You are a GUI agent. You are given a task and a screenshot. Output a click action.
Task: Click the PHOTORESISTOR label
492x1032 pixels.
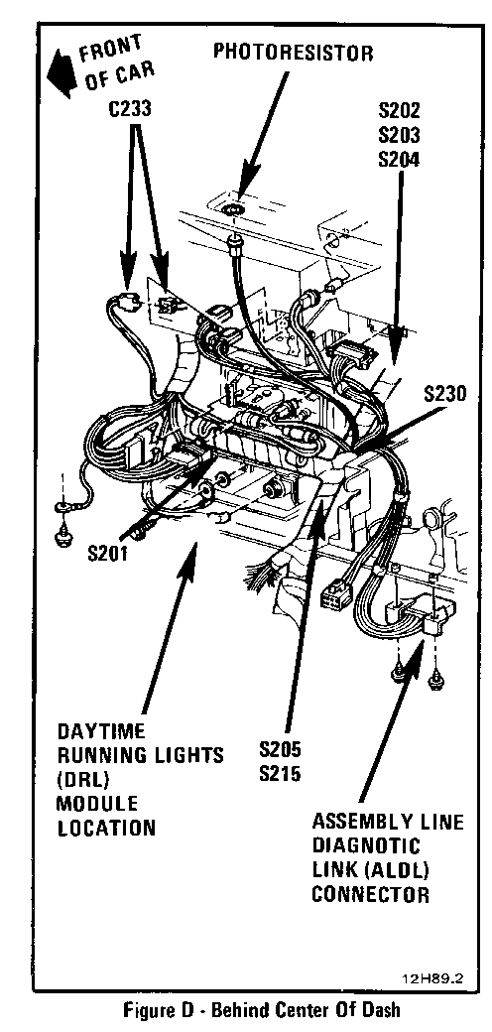point(293,53)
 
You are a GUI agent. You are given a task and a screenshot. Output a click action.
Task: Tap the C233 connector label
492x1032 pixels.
point(131,109)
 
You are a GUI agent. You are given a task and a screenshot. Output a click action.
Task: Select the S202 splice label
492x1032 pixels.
point(400,110)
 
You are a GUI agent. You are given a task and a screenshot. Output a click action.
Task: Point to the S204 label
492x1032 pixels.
point(400,160)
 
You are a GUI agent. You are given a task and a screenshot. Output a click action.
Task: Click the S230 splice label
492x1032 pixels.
point(444,394)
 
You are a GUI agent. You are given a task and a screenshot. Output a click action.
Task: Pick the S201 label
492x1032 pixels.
point(108,554)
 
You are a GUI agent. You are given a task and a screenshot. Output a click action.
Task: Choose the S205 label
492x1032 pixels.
point(280,749)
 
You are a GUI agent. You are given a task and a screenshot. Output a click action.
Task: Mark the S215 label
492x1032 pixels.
point(280,773)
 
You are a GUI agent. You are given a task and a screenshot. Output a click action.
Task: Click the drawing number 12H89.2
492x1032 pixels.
point(432,978)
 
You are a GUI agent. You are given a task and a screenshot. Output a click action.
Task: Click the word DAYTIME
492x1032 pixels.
point(101,731)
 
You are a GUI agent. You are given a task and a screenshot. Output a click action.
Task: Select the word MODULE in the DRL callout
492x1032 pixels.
point(96,804)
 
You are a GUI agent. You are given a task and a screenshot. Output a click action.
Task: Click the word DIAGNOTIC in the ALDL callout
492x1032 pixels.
point(366,845)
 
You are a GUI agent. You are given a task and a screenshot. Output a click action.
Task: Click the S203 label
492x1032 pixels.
point(400,134)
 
